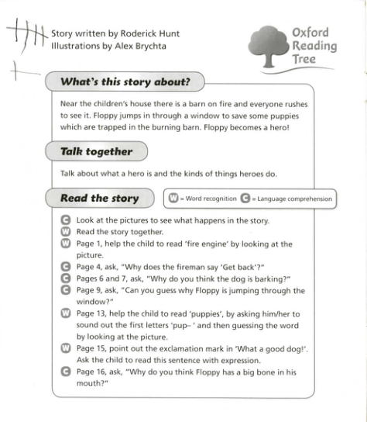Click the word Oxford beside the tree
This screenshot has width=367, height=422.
pos(310,33)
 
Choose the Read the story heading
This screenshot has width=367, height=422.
pos(99,198)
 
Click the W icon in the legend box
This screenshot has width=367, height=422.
pos(174,199)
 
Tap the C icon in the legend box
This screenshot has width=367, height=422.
pos(245,199)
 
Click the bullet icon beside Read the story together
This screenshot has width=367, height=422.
pos(66,231)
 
